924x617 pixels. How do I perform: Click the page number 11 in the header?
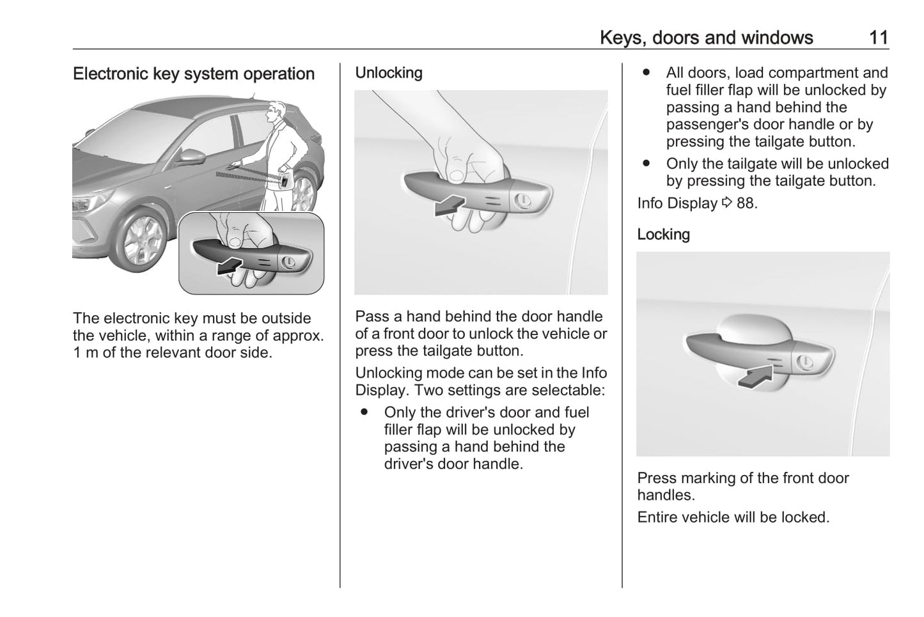tap(879, 38)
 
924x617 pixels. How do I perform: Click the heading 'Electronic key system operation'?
tap(194, 74)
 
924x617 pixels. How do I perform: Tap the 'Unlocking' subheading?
tap(389, 73)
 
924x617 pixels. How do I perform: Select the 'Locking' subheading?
tap(663, 235)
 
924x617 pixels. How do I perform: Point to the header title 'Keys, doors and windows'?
tap(706, 38)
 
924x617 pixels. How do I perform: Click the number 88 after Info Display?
tap(746, 203)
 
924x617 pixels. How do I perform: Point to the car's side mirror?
tap(191, 155)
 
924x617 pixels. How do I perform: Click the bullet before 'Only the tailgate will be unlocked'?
tap(646, 164)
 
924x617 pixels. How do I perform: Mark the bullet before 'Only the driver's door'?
tap(364, 413)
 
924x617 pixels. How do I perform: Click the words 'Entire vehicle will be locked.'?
tap(733, 517)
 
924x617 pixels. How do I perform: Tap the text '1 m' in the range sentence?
tap(85, 353)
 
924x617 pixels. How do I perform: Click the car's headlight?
tap(82, 203)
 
